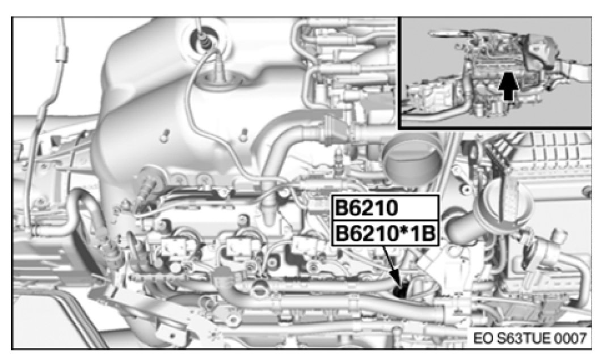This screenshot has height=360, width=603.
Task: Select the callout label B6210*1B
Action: pos(385,234)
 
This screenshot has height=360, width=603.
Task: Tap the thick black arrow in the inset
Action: pos(508,86)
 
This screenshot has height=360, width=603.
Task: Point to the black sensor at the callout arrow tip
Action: pos(400,291)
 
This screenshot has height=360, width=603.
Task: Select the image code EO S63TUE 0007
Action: pos(530,338)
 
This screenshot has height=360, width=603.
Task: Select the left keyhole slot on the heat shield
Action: pos(166,135)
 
